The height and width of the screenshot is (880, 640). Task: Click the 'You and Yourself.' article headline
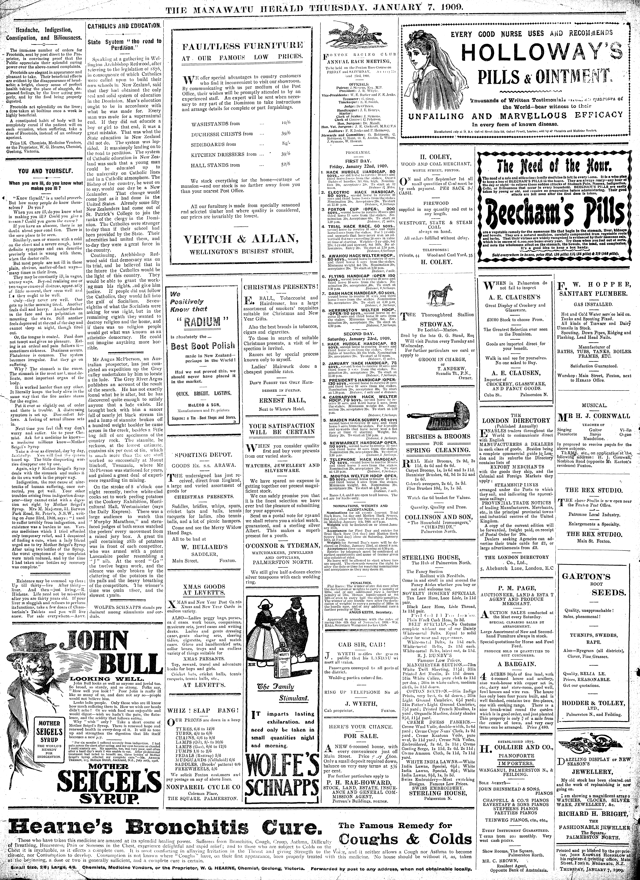[43, 171]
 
